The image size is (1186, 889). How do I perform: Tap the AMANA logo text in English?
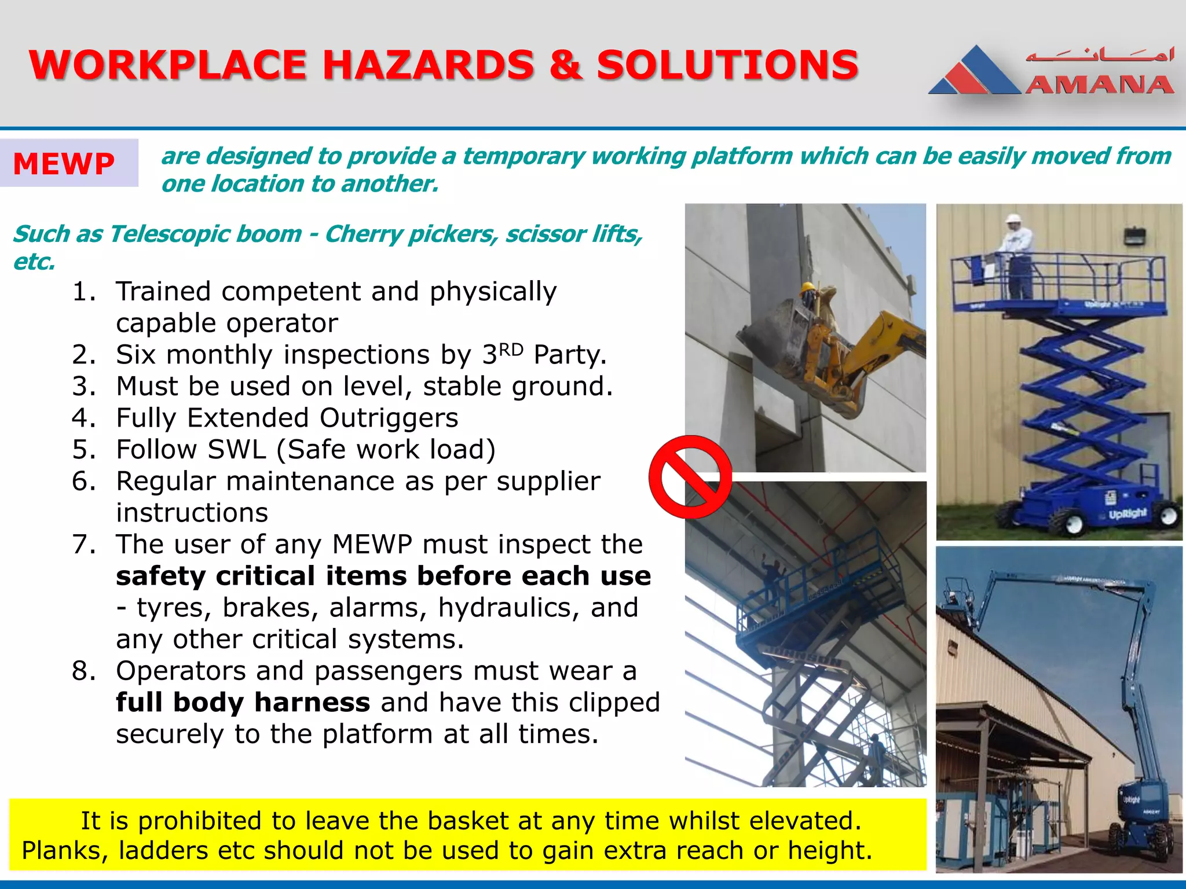pyautogui.click(x=1100, y=85)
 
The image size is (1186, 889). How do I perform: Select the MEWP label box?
pyautogui.click(x=69, y=163)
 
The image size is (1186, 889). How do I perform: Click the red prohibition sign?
pyautogui.click(x=690, y=477)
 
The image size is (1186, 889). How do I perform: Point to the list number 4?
pyautogui.click(x=84, y=418)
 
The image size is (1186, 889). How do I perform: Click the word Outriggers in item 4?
pyautogui.click(x=389, y=418)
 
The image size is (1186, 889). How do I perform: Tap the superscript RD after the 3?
pyautogui.click(x=511, y=350)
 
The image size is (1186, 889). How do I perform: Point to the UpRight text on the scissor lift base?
pyautogui.click(x=1127, y=513)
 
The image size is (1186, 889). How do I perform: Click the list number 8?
pyautogui.click(x=84, y=671)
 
